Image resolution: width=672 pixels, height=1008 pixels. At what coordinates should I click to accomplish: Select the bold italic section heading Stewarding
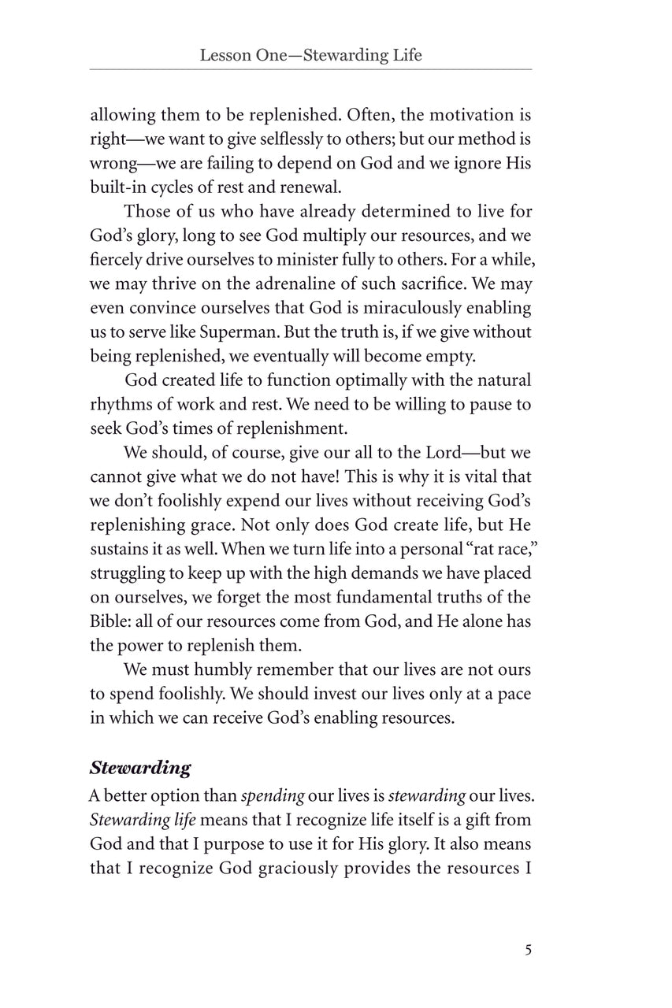[x=140, y=767]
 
